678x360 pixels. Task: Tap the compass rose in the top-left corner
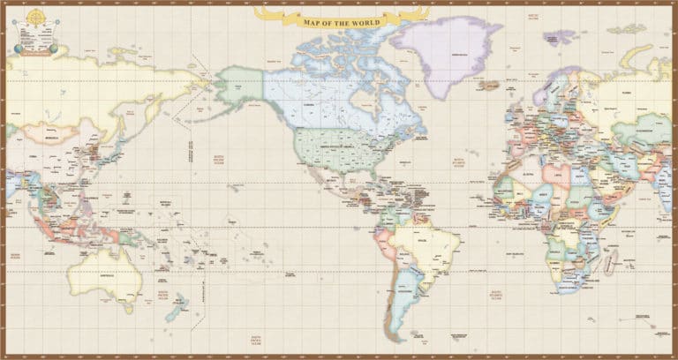pos(36,17)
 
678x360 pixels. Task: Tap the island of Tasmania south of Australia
pos(129,308)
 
